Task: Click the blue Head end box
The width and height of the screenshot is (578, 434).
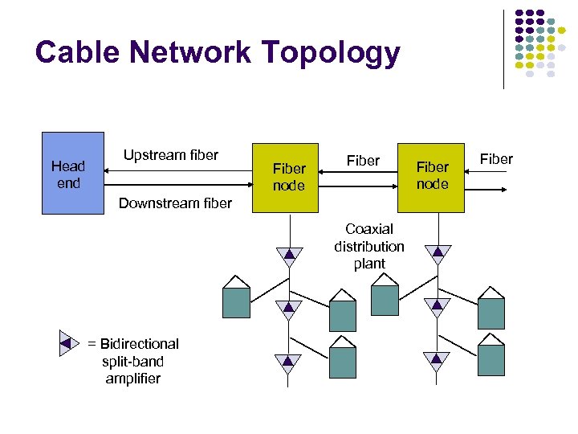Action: tap(73, 173)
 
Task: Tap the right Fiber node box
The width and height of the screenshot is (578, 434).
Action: tap(433, 178)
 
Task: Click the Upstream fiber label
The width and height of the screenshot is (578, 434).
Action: tap(170, 155)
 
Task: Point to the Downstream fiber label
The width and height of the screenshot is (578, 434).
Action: tap(175, 203)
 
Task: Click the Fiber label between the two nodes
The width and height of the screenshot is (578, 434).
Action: tap(363, 161)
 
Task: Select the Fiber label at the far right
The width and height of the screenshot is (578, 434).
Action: tap(495, 159)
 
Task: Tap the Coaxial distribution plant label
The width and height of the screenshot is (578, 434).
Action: tap(369, 247)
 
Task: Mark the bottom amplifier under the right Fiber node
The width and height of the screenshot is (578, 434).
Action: tap(437, 361)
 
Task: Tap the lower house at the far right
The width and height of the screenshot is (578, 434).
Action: tap(490, 355)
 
